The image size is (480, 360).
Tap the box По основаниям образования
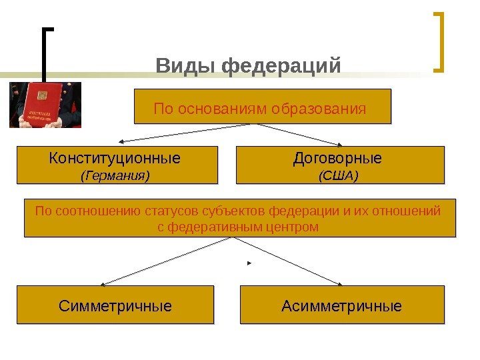pyautogui.click(x=262, y=107)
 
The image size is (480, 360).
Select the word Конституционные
pyautogui.click(x=115, y=159)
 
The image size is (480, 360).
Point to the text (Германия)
pyautogui.click(x=115, y=175)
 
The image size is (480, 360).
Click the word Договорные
pyautogui.click(x=338, y=159)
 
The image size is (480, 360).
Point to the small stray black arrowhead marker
pyautogui.click(x=249, y=264)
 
